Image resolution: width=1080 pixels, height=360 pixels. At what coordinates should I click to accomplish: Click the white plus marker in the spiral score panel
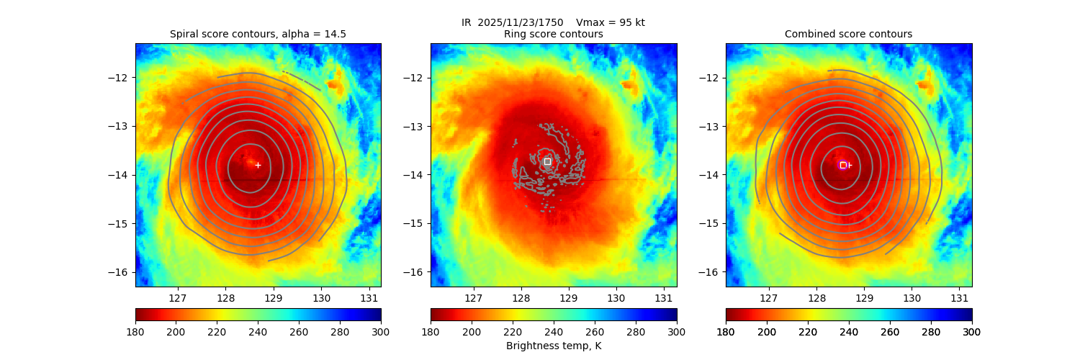(258, 165)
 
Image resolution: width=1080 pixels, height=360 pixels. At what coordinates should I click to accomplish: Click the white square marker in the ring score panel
(547, 161)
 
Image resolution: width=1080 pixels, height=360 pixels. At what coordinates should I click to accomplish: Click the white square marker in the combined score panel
(843, 165)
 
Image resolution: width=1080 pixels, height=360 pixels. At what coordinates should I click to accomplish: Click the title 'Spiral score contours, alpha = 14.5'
(258, 34)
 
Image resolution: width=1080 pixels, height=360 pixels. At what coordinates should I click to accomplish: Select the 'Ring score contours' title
(553, 34)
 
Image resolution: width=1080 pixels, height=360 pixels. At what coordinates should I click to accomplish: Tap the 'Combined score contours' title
(848, 34)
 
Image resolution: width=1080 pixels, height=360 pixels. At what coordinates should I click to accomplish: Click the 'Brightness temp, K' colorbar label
(553, 346)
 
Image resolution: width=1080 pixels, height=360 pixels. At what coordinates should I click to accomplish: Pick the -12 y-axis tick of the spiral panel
(122, 78)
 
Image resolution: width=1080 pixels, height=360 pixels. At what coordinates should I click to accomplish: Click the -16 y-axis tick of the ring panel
(418, 272)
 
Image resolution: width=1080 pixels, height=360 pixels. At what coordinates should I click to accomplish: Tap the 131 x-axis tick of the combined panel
(959, 297)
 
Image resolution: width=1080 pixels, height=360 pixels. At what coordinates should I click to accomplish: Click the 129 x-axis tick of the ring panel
(568, 297)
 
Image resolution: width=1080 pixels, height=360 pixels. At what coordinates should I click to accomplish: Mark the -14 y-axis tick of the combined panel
(713, 175)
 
